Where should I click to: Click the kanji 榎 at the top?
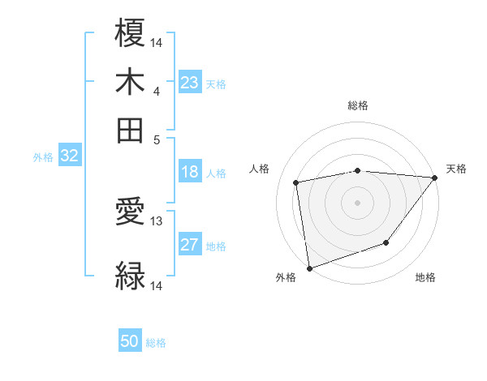point(131,33)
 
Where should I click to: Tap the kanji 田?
point(131,130)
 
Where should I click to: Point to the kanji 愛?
point(131,213)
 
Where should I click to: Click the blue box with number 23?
point(190,83)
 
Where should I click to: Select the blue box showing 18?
point(190,172)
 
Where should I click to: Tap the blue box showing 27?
point(190,246)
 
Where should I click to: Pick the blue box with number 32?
point(69,156)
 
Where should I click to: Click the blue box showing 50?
point(130,342)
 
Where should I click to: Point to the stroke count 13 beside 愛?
point(157,220)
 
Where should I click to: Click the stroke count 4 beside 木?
point(157,90)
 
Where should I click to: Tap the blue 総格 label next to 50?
point(156,344)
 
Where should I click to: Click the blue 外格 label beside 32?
point(43,158)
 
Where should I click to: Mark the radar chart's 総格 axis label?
point(357,105)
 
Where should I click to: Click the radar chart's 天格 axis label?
point(456,169)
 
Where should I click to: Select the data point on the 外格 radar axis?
point(309,268)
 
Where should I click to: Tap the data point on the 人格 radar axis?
point(296,182)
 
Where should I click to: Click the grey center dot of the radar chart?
point(357,202)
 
